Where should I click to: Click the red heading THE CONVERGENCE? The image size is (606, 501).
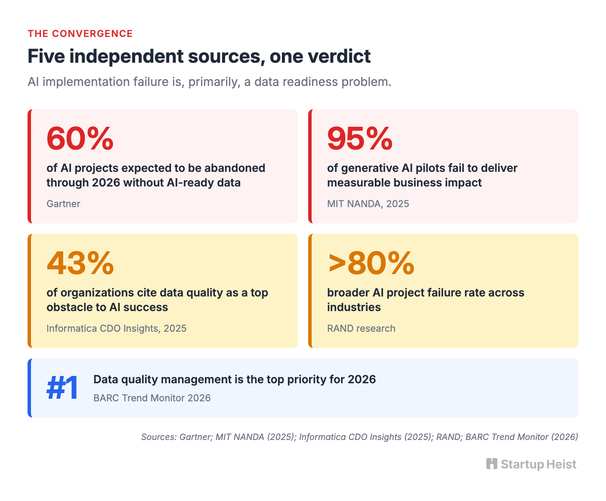tap(80, 34)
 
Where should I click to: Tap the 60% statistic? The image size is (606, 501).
tap(80, 138)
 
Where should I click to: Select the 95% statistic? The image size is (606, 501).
tap(359, 138)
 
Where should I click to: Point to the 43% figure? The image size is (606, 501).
tap(80, 263)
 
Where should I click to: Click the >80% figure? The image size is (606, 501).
tap(371, 263)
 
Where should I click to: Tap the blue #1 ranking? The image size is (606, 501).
tap(62, 388)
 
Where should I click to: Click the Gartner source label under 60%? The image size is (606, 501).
tap(63, 204)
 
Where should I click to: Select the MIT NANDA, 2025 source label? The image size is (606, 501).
tap(368, 204)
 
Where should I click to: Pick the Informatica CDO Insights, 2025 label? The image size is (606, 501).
tap(116, 328)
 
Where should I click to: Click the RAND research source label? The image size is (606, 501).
tap(361, 328)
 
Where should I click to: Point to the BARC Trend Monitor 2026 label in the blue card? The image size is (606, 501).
tap(152, 398)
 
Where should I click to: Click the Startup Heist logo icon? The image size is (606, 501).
tap(492, 464)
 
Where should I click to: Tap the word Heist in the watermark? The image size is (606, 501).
tap(562, 464)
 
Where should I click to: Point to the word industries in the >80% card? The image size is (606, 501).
tap(354, 307)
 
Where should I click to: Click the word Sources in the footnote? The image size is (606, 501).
tap(159, 437)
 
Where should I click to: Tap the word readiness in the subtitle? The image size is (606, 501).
tap(310, 82)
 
